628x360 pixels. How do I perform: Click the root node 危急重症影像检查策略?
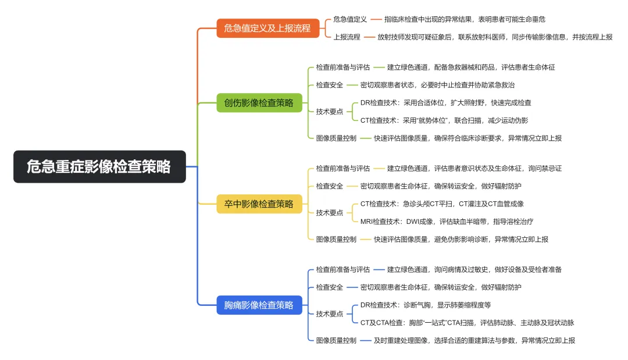(99, 167)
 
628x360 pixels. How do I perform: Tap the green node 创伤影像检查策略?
(259, 103)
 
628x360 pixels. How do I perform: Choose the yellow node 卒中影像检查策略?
(259, 204)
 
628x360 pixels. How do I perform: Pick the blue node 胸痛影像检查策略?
(259, 305)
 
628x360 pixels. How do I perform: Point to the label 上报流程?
(347, 37)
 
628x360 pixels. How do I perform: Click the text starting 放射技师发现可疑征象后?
(494, 37)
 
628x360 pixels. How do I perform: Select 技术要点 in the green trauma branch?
(329, 112)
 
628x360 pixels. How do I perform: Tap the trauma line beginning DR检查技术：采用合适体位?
(445, 103)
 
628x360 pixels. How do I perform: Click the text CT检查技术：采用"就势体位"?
(444, 120)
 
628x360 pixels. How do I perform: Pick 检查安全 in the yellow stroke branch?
(329, 186)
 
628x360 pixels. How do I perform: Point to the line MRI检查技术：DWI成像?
(447, 222)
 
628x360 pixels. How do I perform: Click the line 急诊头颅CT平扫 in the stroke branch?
(442, 204)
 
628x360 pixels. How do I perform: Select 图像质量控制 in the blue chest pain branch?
(336, 340)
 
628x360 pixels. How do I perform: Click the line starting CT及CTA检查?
(467, 323)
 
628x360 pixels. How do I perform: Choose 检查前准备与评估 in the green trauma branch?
(342, 67)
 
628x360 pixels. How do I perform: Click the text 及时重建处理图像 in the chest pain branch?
(474, 340)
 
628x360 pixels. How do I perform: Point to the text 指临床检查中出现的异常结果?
(465, 19)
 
